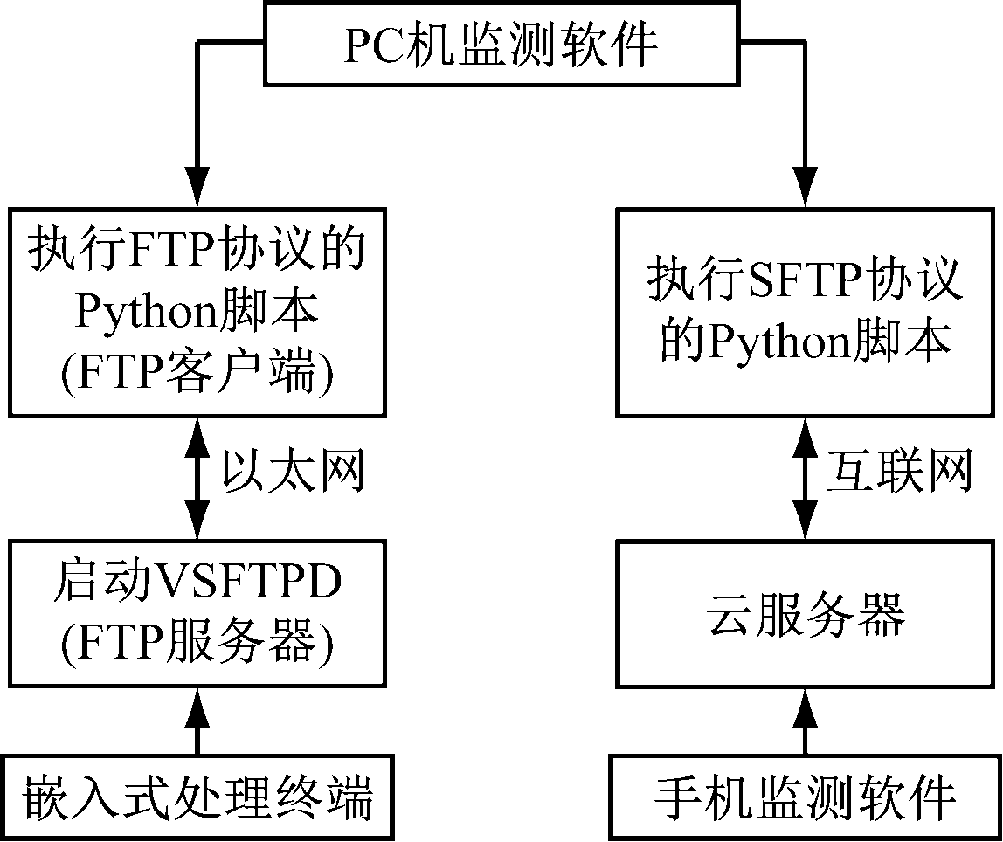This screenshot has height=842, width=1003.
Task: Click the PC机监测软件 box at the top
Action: [x=501, y=44]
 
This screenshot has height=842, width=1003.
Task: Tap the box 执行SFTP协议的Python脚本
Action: [x=805, y=311]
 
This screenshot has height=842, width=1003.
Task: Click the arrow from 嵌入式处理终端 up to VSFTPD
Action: [x=197, y=723]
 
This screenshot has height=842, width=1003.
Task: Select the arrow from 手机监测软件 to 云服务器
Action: [x=806, y=723]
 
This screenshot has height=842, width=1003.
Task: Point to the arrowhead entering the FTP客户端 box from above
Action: [x=197, y=188]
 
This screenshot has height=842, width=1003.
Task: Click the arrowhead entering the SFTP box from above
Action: [x=806, y=188]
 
